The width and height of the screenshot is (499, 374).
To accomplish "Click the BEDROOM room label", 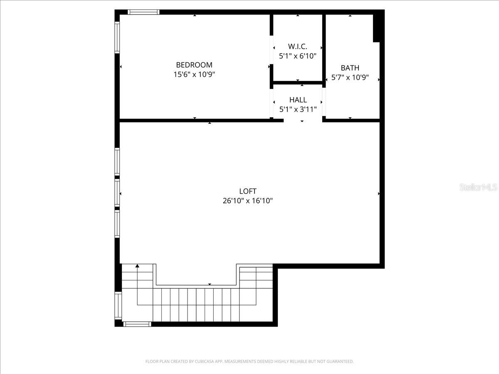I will click(194, 65).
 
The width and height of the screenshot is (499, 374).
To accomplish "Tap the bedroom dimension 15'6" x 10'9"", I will click(194, 75).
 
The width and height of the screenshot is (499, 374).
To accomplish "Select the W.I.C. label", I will click(297, 47).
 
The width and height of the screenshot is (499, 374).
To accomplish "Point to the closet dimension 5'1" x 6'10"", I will click(297, 56).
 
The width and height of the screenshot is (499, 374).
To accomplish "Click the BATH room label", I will click(350, 68).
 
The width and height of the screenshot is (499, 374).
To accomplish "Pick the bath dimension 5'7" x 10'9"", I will click(350, 78).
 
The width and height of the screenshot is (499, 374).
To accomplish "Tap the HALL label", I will click(298, 100).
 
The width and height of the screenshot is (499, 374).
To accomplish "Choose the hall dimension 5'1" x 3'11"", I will click(298, 110).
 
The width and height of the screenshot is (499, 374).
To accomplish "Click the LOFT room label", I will click(248, 191).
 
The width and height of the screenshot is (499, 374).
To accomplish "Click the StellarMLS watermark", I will click(478, 187).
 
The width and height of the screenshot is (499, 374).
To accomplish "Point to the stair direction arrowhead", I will click(137, 266).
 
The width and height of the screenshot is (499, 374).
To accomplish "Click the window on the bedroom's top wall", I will click(143, 12).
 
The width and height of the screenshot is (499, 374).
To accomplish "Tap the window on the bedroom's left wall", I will click(117, 37).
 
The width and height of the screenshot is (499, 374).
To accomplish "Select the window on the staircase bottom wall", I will click(137, 324).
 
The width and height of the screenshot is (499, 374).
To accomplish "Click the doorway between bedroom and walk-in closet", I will click(271, 50).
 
